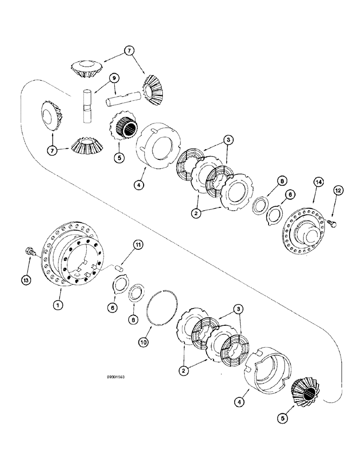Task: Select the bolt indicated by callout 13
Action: pos(30,252)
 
